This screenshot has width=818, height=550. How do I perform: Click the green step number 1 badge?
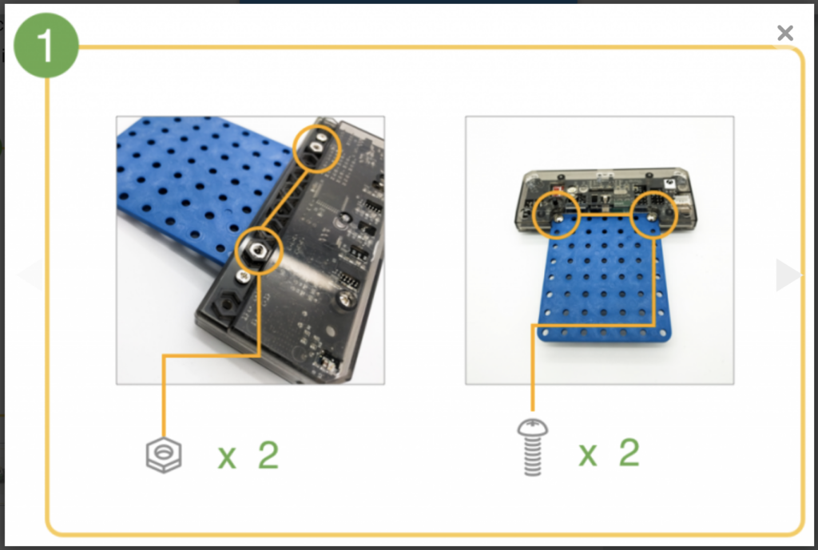[46, 46]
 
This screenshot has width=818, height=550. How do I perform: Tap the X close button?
[784, 33]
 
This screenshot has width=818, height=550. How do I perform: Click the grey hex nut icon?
[164, 454]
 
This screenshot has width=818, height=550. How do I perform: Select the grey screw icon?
[533, 447]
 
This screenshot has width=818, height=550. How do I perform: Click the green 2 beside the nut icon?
[268, 455]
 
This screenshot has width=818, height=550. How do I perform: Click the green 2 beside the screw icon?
[629, 452]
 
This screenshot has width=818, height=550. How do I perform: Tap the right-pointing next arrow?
[788, 275]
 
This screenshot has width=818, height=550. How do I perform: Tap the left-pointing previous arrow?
[30, 274]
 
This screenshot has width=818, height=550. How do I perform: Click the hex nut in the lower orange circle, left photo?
[258, 251]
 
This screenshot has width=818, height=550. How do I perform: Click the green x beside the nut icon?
[226, 457]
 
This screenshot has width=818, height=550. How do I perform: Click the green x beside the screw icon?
[587, 454]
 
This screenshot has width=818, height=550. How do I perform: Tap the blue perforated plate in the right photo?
[604, 282]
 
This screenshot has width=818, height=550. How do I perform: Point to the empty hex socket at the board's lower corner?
[226, 303]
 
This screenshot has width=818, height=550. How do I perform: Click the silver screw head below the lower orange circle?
[242, 276]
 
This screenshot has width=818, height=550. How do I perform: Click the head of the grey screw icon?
[533, 427]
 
